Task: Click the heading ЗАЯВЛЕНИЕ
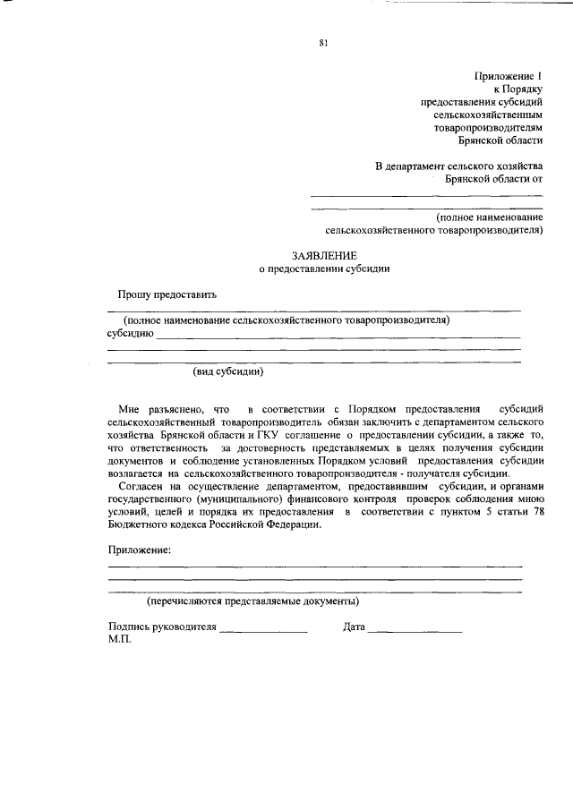tap(323, 255)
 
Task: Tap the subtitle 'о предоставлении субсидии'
tap(323, 268)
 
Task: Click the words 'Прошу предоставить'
tap(167, 294)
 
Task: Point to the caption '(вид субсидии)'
tap(228, 371)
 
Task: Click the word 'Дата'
tap(354, 627)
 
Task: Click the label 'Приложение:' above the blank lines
tap(138, 549)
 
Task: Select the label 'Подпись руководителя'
tap(162, 627)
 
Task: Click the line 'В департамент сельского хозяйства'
tap(458, 166)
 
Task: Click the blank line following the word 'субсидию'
tap(339, 336)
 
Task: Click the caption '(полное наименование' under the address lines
tap(489, 217)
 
